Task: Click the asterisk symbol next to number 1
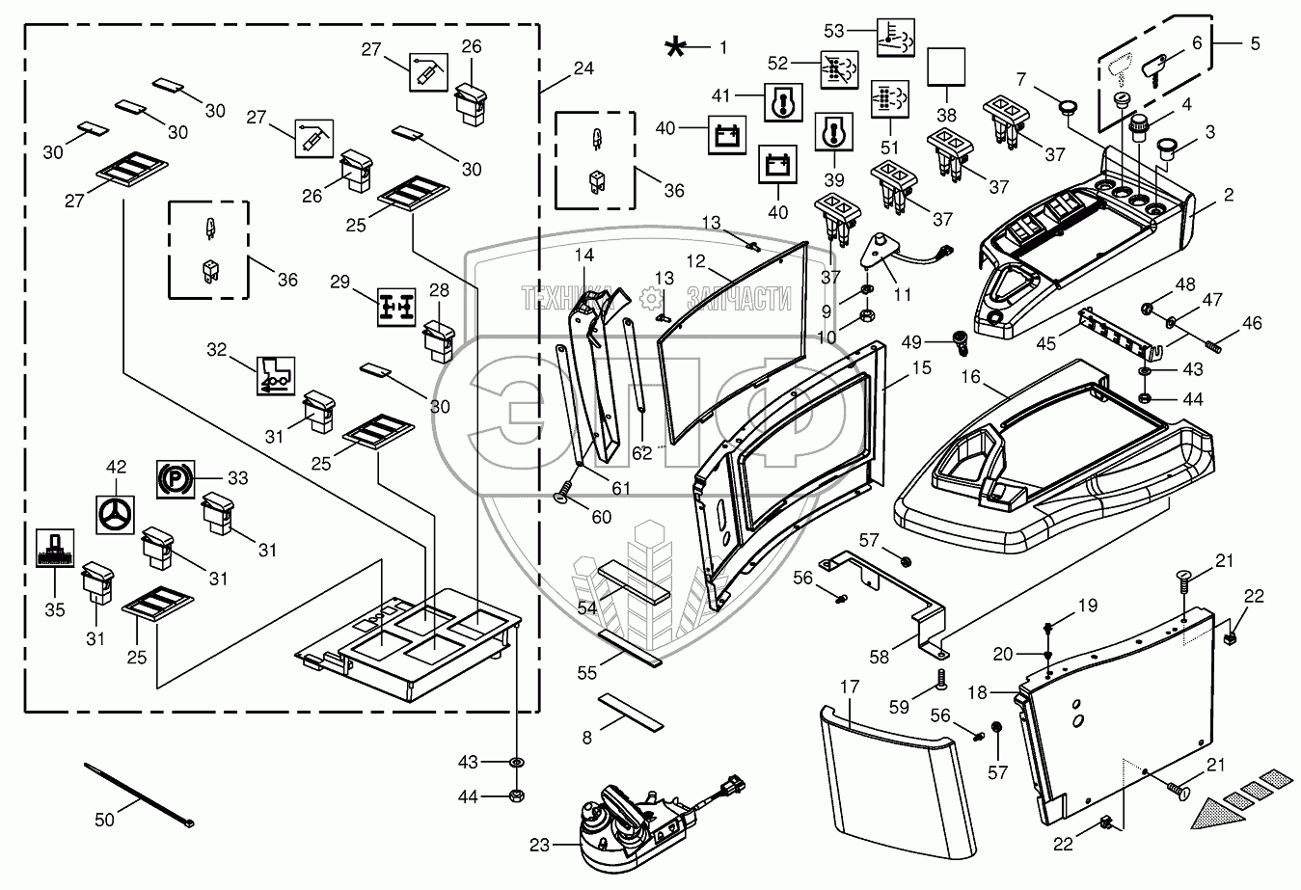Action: click(675, 47)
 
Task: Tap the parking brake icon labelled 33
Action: click(176, 479)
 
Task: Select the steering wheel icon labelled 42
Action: click(115, 514)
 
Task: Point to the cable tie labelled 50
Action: click(138, 795)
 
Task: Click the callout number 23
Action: click(539, 846)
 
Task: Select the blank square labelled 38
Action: click(946, 67)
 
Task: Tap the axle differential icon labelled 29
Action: click(396, 307)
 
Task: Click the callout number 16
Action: click(970, 377)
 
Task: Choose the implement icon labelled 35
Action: click(55, 548)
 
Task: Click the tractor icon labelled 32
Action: click(276, 376)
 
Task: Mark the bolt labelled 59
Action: click(941, 679)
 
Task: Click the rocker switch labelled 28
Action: click(440, 343)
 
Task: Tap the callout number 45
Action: click(1045, 343)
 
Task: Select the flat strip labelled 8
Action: click(631, 712)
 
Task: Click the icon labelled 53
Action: click(896, 38)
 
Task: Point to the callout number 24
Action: click(583, 68)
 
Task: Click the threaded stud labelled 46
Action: click(1209, 346)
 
